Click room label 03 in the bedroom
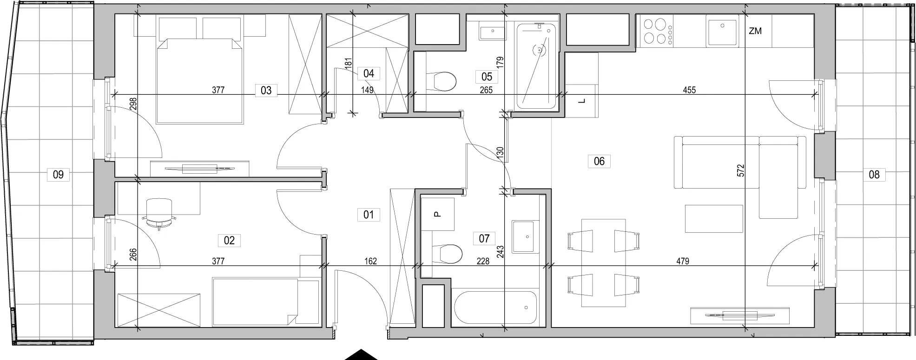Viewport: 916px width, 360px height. (266, 90)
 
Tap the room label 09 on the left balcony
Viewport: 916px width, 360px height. (58, 175)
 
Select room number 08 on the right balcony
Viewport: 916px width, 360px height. (874, 175)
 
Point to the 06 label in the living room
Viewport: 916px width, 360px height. (599, 161)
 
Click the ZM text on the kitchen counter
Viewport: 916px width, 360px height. (755, 31)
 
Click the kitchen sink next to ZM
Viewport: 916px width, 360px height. (722, 31)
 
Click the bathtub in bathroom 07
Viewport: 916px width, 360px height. (495, 307)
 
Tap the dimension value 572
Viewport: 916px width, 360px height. (741, 170)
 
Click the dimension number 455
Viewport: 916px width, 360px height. (689, 90)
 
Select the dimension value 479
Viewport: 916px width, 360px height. (683, 262)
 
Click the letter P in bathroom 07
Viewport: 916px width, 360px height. (436, 214)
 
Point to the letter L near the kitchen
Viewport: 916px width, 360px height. (583, 101)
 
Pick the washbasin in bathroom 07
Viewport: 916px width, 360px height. (526, 236)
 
